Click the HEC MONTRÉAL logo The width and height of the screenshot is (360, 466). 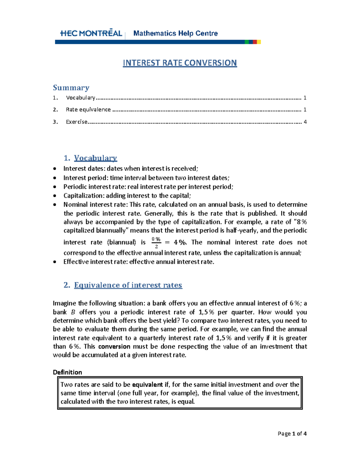91,33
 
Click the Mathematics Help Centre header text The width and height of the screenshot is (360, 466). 175,33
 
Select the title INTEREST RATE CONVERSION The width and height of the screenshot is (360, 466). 180,63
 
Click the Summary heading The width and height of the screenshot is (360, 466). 71,88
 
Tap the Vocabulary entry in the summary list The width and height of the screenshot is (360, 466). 80,98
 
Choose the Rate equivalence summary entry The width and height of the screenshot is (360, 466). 88,110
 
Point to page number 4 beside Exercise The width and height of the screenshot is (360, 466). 305,122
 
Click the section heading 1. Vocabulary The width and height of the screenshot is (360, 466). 90,158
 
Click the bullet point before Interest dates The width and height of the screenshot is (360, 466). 55,169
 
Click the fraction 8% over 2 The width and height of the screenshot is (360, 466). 156,242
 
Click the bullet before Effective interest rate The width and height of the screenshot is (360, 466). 55,262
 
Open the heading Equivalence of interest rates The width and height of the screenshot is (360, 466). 128,285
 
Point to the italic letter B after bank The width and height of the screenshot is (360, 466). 73,312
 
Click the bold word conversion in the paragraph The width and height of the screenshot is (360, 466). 114,347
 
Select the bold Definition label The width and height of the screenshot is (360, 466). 67,372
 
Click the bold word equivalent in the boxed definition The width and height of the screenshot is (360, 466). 147,385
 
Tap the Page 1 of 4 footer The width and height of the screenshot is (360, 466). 292,434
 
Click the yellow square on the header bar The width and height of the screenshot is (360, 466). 259,42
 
